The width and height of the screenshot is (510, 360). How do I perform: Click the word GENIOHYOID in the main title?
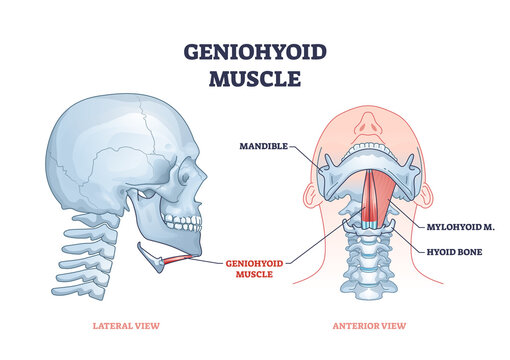[x=255, y=51]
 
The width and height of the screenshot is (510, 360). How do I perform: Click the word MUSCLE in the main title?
[x=255, y=78]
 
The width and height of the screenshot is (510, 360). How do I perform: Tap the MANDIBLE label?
[x=262, y=146]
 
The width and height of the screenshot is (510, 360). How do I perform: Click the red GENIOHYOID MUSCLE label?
[x=257, y=267]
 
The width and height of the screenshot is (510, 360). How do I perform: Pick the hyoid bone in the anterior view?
[x=374, y=229]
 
